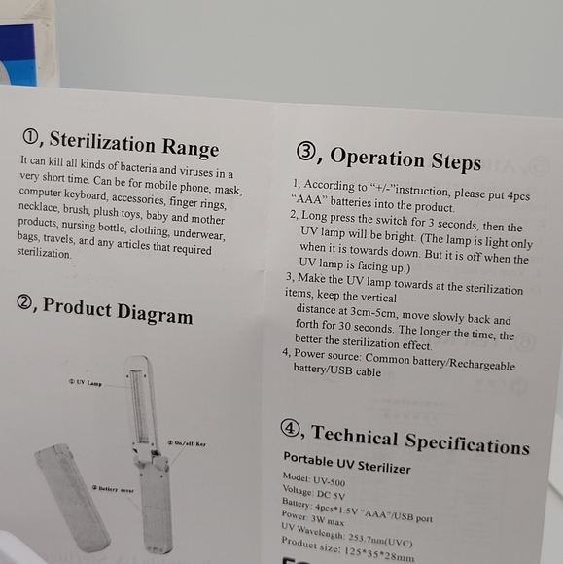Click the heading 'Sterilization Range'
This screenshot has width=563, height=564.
tap(134, 143)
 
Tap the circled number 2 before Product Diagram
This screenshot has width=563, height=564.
tap(26, 303)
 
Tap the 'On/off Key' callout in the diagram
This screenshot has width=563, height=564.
tap(187, 443)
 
